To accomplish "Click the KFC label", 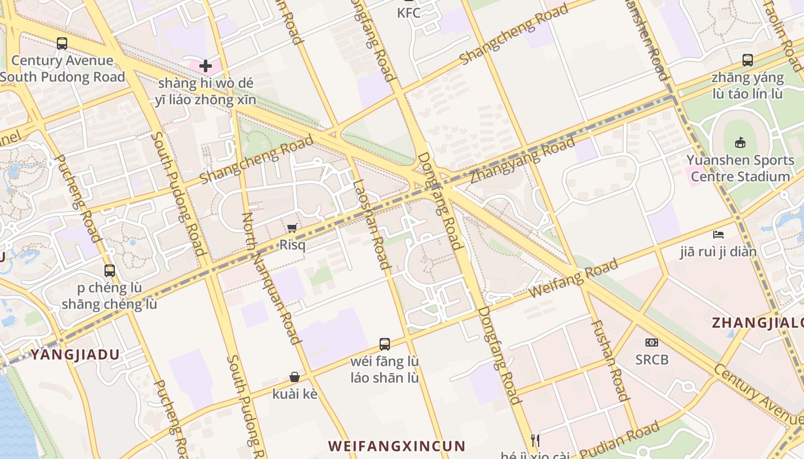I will (x=409, y=13).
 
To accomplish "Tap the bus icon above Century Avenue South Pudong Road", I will (x=62, y=43).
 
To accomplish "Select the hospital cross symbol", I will (x=206, y=66).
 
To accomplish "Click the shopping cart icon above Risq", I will (x=292, y=228).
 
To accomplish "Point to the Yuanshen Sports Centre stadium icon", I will (x=740, y=143).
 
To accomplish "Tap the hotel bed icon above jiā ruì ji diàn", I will (x=718, y=235).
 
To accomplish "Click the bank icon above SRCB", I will (x=652, y=343).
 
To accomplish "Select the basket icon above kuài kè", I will (x=295, y=377).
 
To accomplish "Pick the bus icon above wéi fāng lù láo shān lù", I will (x=385, y=344).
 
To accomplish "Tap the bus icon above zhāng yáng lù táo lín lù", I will (x=747, y=60).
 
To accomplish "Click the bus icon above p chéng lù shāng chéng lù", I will (x=109, y=270).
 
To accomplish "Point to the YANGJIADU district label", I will (x=75, y=355).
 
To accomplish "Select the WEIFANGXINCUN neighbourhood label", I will (x=397, y=446).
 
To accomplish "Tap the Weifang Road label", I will (x=573, y=278).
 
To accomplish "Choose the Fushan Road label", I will (x=610, y=360).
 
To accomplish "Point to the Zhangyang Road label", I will (x=522, y=160).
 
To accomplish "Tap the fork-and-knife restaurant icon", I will (x=535, y=441).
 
